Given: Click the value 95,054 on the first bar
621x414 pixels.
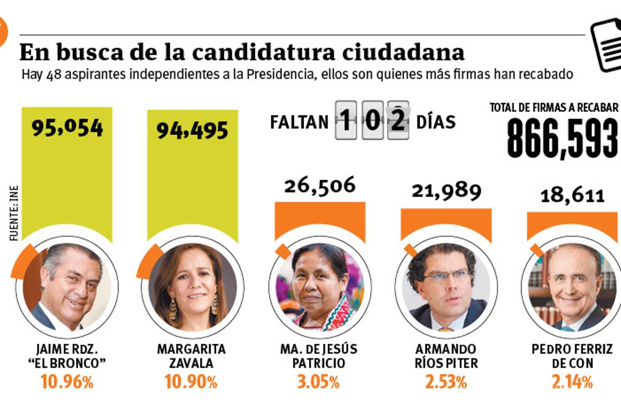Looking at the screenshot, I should coord(67,128).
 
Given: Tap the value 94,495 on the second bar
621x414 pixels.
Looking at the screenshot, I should coord(192,130).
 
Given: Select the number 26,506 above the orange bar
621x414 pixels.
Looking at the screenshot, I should coord(320,185).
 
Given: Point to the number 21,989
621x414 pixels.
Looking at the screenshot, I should coord(446,191).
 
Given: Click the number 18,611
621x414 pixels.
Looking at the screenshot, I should coord(572,196).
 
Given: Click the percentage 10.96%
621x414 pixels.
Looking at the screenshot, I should coord(67,382).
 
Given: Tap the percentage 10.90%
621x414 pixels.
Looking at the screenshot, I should coord(191,382).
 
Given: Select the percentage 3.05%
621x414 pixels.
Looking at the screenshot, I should coord(318,382).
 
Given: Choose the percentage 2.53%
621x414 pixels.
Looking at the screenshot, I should coord(446,382).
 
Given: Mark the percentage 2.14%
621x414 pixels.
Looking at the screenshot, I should coord(571,382).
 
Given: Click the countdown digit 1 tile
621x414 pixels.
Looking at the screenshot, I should coord(345,121).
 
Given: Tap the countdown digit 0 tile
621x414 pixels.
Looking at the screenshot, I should coord(372,121).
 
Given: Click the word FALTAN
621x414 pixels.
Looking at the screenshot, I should coord(299,122).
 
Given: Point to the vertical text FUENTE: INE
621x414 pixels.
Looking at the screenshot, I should coord(14,212).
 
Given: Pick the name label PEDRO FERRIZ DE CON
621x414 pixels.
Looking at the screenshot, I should coord(572,356).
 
